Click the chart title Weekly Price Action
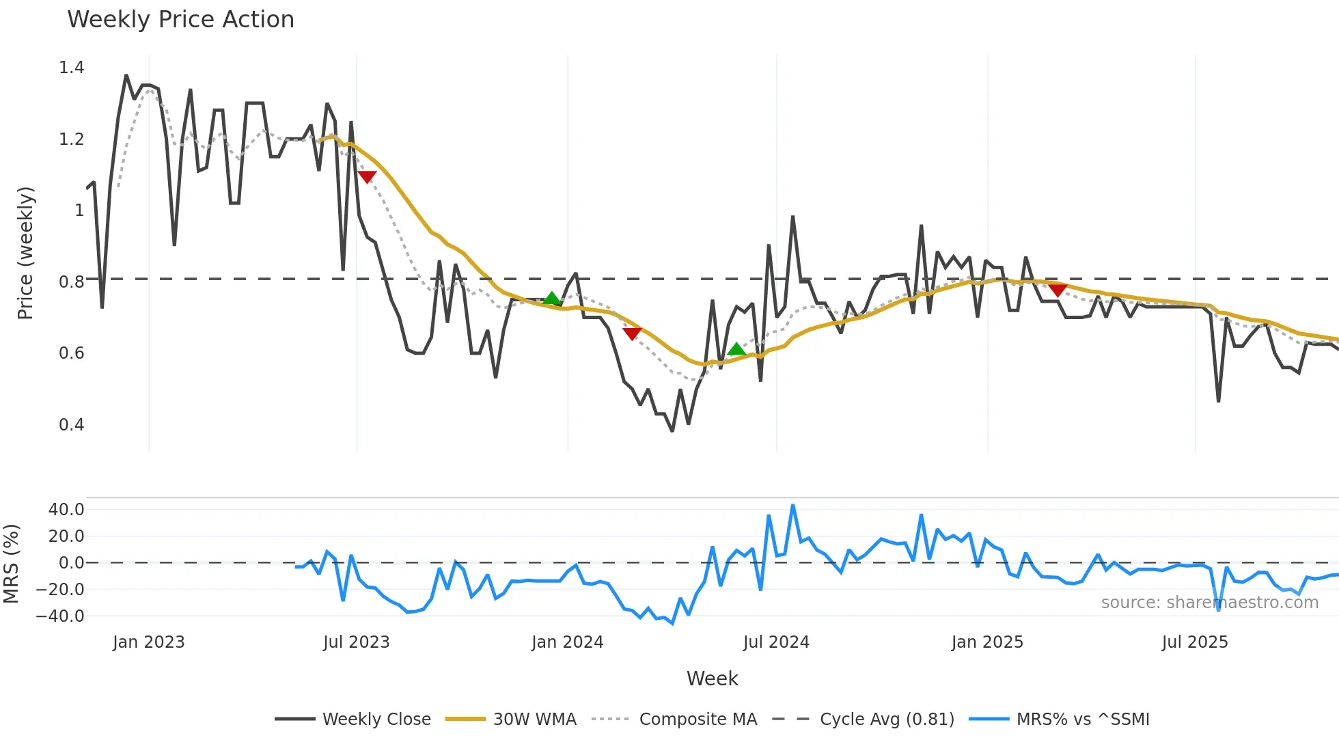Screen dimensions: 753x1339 (x=180, y=20)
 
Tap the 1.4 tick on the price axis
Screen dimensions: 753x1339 (x=72, y=68)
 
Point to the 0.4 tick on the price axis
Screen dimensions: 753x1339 (x=72, y=425)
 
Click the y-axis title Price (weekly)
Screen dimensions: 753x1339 (x=25, y=253)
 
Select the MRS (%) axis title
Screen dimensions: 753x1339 (x=11, y=564)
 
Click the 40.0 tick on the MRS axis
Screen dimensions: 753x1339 (x=66, y=510)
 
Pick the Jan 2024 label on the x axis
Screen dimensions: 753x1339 (x=567, y=642)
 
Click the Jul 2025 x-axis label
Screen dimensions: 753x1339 (x=1194, y=642)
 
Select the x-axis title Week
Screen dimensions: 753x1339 (x=712, y=679)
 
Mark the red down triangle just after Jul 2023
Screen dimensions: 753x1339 (x=367, y=176)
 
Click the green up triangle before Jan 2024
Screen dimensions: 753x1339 (x=551, y=299)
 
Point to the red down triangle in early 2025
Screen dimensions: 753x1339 (x=1058, y=290)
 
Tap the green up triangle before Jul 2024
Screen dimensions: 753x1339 (x=736, y=349)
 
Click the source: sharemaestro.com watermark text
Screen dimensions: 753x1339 (x=1209, y=603)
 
